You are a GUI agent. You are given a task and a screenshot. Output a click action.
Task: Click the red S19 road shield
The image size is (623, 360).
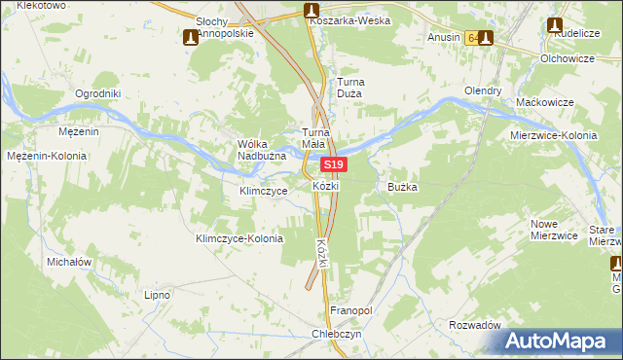[x=334, y=166]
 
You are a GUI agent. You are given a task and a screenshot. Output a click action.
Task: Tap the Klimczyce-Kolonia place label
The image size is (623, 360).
[x=239, y=238]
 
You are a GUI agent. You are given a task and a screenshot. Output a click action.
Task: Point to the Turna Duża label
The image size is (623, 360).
[x=349, y=89]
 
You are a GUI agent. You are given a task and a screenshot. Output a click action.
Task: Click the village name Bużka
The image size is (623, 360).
[x=402, y=186]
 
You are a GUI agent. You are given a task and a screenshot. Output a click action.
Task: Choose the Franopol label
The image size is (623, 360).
[x=351, y=310]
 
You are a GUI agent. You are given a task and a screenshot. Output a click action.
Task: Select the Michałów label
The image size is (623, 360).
[x=68, y=263]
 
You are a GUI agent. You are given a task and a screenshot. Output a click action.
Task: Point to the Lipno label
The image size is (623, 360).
[x=157, y=294]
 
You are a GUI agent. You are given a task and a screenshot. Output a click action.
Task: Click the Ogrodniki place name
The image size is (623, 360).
[x=97, y=93]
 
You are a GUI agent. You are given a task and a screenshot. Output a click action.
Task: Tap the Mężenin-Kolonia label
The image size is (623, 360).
[x=47, y=156]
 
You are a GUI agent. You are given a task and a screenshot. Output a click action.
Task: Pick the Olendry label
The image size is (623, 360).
[x=483, y=90]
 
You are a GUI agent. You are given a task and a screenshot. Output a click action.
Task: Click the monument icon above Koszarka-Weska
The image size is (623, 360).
[x=311, y=11]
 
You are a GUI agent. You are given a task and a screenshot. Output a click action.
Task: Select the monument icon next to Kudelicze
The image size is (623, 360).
[x=555, y=25]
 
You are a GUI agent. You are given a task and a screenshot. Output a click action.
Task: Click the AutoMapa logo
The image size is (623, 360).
[x=559, y=341]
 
